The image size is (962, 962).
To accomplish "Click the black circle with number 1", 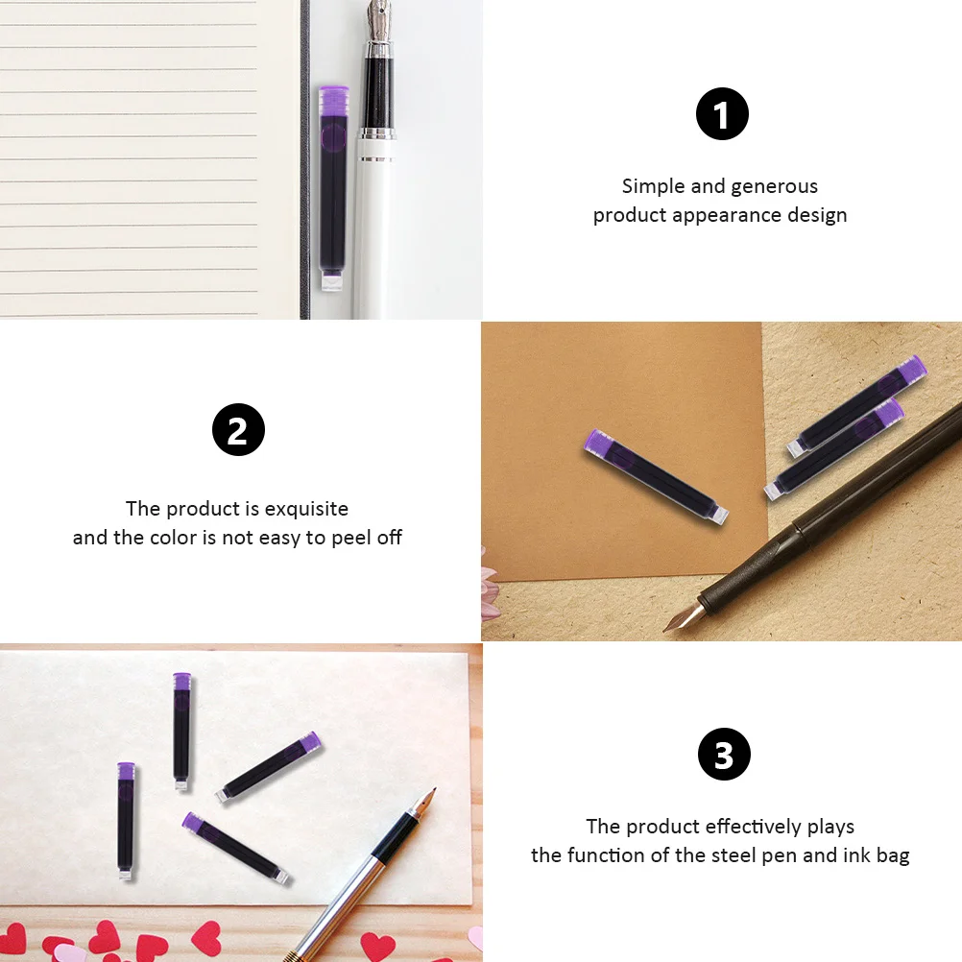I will (x=722, y=115).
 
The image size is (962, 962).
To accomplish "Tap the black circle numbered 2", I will (x=238, y=429).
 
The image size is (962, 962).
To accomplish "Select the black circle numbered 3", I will (x=724, y=755).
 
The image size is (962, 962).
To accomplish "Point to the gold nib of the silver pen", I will (x=425, y=803).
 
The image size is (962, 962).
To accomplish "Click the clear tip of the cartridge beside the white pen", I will (x=332, y=281).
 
